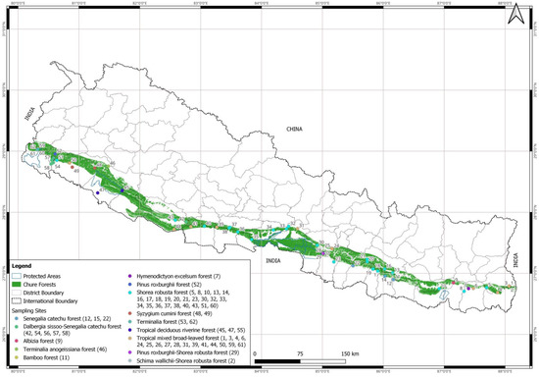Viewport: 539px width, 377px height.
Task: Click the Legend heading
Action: [x=24, y=265]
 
